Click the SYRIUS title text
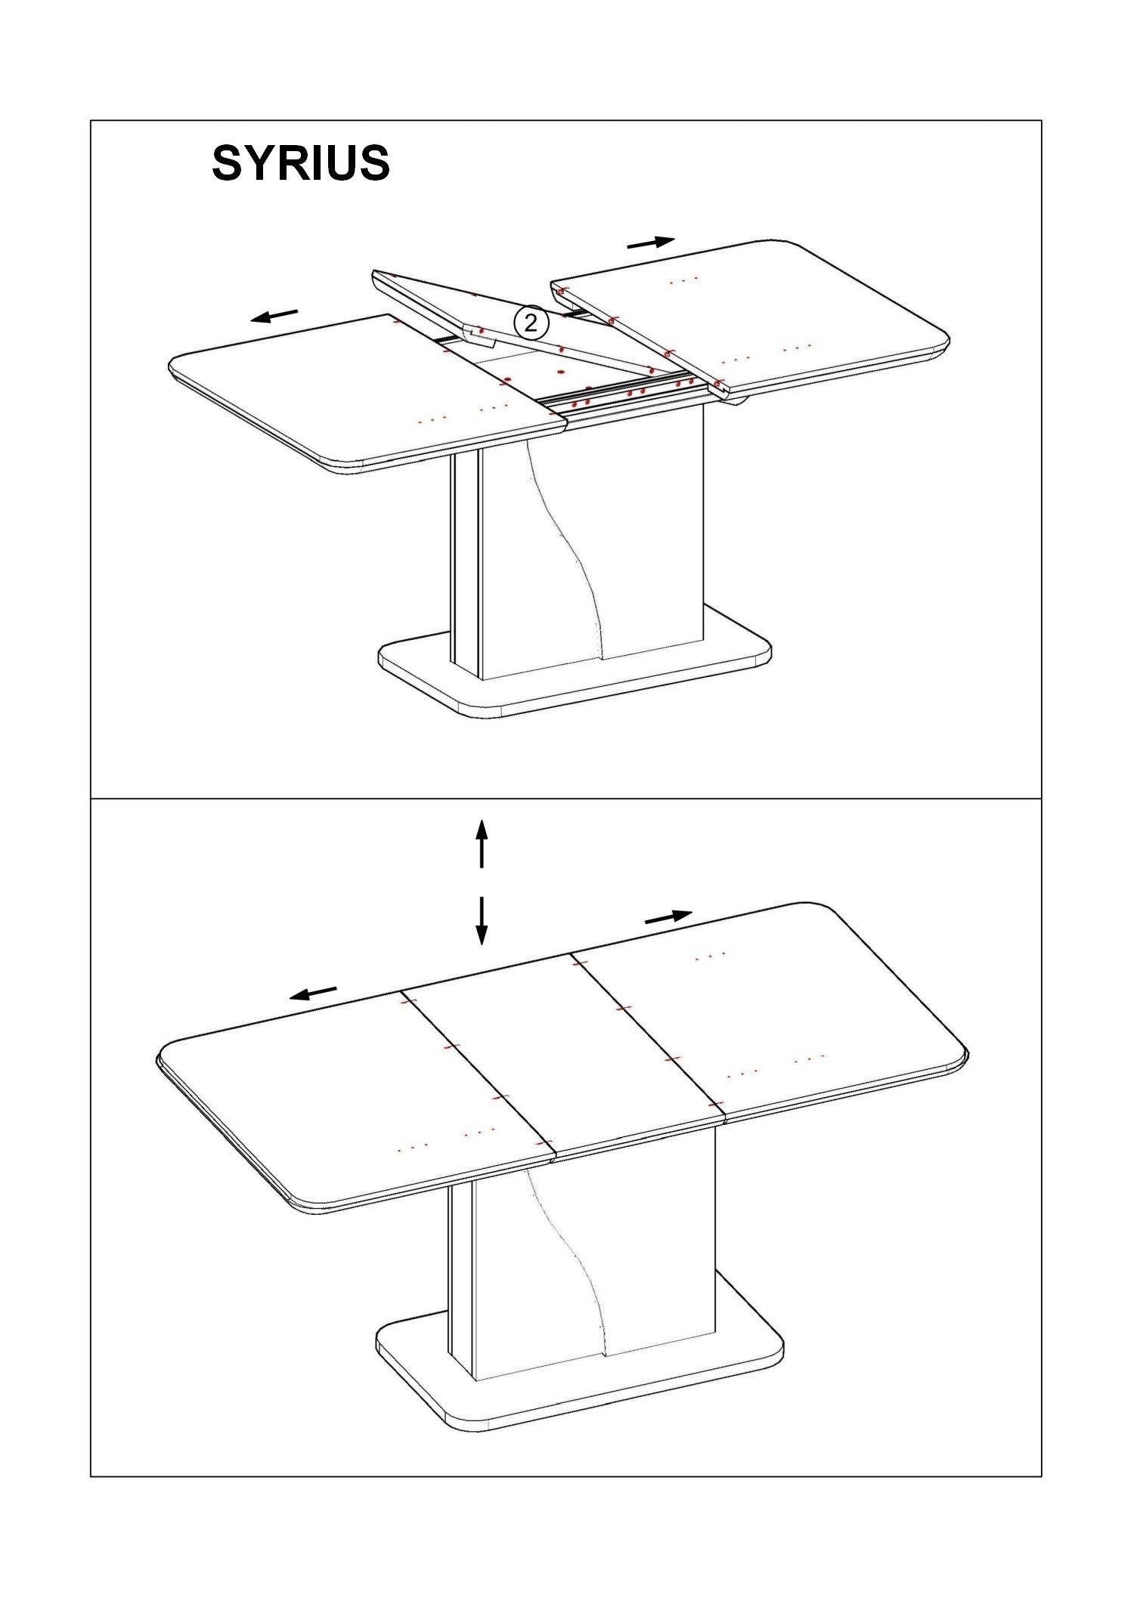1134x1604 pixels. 301,163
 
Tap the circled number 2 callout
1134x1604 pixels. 531,323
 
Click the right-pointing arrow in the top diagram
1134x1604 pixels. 651,243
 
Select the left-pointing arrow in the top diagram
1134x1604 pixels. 274,315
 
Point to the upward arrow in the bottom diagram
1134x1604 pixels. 482,844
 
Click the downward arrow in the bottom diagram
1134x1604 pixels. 481,921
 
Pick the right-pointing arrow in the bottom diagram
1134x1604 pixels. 669,917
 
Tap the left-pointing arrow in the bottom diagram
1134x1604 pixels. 313,994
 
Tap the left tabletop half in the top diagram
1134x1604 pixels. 363,393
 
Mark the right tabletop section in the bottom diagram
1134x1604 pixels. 771,1012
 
